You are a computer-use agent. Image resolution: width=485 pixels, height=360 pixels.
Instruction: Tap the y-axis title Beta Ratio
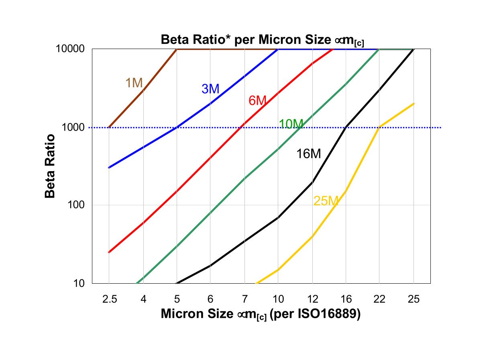pyautogui.click(x=49, y=166)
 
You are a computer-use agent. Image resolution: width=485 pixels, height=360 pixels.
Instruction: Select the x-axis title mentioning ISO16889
pyautogui.click(x=261, y=314)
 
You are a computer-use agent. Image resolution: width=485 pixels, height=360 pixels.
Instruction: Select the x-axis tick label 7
pyautogui.click(x=245, y=299)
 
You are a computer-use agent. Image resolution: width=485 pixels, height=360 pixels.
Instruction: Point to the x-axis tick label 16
pyautogui.click(x=346, y=299)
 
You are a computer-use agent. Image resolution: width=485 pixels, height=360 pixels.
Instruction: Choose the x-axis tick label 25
pyautogui.click(x=414, y=299)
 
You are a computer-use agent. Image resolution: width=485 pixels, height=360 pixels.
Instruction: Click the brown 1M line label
pyautogui.click(x=134, y=83)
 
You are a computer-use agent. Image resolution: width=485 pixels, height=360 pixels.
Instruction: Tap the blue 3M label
pyautogui.click(x=210, y=89)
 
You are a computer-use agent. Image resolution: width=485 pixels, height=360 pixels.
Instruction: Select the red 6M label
pyautogui.click(x=257, y=101)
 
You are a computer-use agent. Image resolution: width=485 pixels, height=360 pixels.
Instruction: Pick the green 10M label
pyautogui.click(x=291, y=124)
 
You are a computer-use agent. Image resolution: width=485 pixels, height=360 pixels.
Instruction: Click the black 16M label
pyautogui.click(x=308, y=154)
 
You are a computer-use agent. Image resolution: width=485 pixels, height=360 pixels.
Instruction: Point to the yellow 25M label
pyautogui.click(x=326, y=201)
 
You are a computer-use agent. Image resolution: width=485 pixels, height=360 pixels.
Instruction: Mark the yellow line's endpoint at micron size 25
pyautogui.click(x=414, y=104)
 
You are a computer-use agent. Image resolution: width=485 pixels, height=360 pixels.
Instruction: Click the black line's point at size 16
pyautogui.click(x=346, y=127)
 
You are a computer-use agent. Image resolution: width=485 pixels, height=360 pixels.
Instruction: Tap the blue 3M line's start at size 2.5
pyautogui.click(x=109, y=168)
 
